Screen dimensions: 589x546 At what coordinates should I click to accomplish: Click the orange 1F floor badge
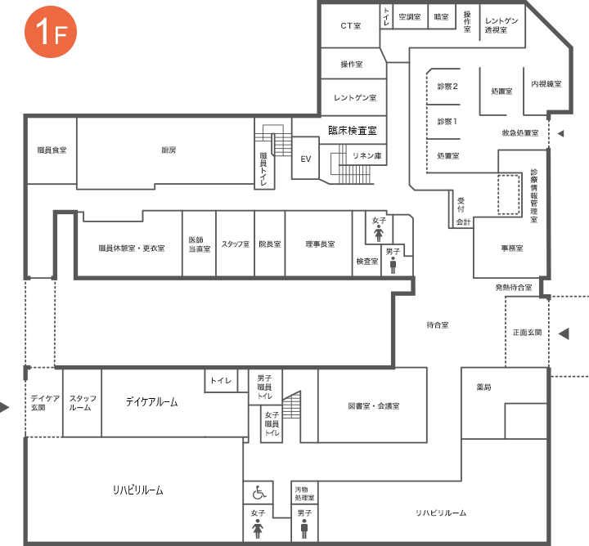pos(51,32)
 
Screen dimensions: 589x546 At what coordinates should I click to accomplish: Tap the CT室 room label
pos(351,26)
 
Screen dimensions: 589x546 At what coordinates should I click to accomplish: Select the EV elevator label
pos(306,159)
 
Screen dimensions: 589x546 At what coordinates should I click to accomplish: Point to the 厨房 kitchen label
pos(169,150)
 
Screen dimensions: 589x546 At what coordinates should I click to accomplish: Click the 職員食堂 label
pos(52,150)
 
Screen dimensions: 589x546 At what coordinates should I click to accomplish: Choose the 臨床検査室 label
pos(353,131)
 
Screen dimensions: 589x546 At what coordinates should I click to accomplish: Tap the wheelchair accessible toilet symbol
pos(259,492)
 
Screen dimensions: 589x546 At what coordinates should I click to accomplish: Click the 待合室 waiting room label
pos(438,325)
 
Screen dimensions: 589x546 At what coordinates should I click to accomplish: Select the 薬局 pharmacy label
pos(483,387)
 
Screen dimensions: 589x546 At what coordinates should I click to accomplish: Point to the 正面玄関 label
pos(528,332)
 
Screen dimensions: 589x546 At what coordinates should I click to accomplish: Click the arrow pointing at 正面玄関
pos(564,333)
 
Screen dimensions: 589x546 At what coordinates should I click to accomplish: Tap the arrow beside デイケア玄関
pos(5,407)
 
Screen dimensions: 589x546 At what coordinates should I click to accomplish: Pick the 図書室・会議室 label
pos(374,405)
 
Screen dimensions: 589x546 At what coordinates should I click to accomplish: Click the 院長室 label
pos(270,244)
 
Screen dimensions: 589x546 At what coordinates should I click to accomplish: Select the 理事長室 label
pos(320,244)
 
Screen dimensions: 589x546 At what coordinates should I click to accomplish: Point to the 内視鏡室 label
pos(546,84)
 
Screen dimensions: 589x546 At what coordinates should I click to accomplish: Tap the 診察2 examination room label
pos(447,87)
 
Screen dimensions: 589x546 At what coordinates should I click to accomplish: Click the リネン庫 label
pos(367,156)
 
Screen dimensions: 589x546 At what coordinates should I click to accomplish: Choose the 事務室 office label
pos(512,248)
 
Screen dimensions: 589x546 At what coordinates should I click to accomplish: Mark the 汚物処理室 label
pos(304,494)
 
